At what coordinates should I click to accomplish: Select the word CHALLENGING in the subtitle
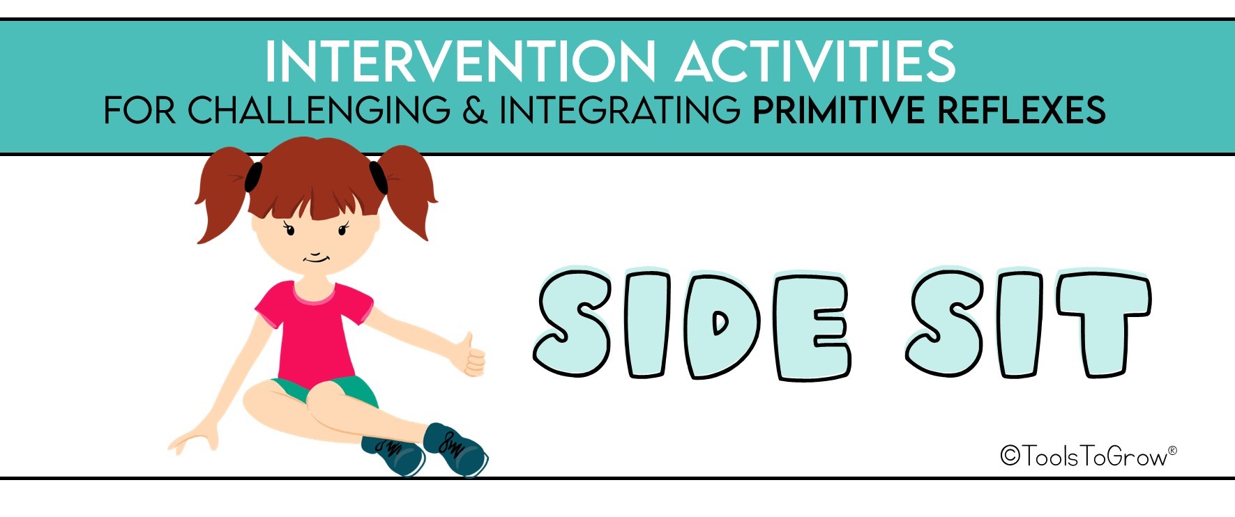click(319, 110)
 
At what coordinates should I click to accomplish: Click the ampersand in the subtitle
click(475, 110)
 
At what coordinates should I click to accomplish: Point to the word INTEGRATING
click(620, 110)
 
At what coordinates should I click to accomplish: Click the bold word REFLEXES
click(1021, 110)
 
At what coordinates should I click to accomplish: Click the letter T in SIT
click(1103, 324)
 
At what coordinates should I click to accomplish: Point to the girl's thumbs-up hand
click(471, 355)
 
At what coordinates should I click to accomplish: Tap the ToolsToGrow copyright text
click(1087, 456)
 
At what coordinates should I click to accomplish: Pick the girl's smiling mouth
click(316, 258)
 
